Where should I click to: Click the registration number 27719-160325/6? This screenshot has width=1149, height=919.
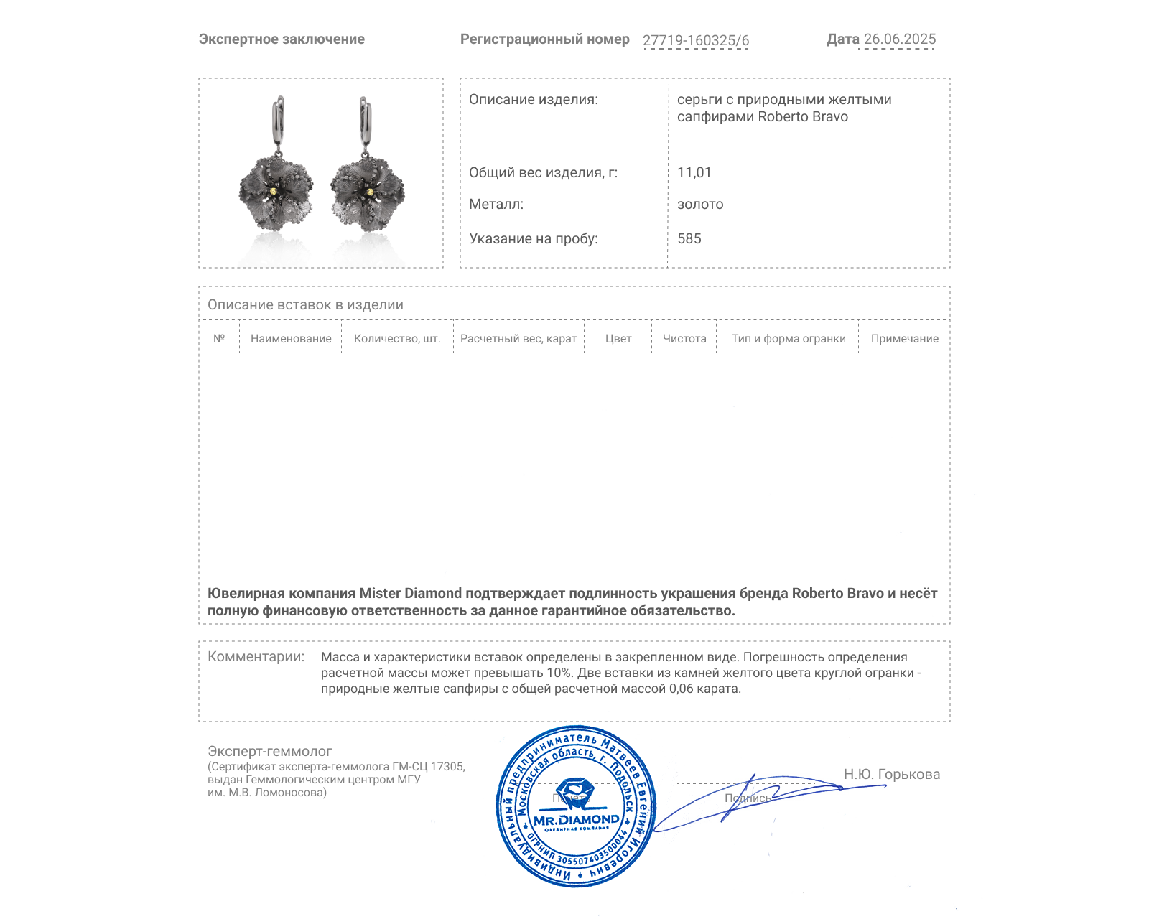click(695, 40)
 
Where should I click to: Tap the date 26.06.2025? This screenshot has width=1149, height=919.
click(899, 39)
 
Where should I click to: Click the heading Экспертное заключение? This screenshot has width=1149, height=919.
click(282, 39)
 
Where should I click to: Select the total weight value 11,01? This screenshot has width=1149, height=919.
click(694, 172)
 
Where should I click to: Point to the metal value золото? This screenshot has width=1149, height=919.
click(700, 205)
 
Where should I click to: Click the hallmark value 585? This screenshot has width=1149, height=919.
click(689, 238)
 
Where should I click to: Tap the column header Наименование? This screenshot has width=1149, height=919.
click(291, 339)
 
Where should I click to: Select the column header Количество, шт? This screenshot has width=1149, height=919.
click(397, 339)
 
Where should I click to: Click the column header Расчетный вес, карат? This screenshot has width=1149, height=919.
click(518, 339)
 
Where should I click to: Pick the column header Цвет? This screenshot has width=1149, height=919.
click(618, 339)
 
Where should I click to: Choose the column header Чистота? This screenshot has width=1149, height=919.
click(684, 339)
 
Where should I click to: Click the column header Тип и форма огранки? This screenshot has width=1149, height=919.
click(789, 339)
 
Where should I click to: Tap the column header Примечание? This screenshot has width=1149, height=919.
click(904, 339)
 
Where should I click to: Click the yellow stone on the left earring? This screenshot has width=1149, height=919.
click(276, 192)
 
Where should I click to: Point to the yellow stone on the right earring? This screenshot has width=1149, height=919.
click(370, 192)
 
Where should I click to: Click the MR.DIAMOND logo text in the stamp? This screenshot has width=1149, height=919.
click(576, 820)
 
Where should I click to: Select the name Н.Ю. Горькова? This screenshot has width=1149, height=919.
click(891, 774)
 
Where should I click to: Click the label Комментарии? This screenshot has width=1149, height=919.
click(256, 657)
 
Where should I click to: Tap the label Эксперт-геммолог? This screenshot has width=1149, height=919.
click(270, 751)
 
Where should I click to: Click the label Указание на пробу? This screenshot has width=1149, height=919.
click(533, 238)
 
